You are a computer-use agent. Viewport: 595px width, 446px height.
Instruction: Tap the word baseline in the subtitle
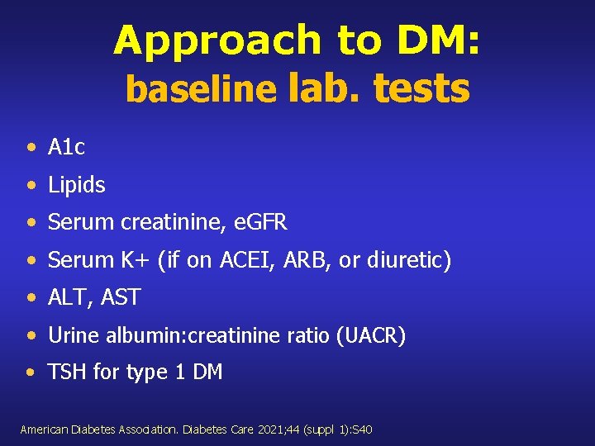click(x=201, y=90)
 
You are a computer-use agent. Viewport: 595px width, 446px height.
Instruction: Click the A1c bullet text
click(x=67, y=148)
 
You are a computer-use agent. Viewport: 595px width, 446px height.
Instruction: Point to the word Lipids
click(x=77, y=185)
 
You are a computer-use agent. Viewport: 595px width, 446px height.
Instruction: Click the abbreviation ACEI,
click(x=245, y=260)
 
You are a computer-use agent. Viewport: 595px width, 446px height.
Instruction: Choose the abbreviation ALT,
click(x=69, y=298)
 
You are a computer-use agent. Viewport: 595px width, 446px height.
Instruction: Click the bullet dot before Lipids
click(x=31, y=186)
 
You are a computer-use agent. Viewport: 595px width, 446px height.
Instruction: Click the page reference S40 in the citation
click(x=362, y=429)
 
